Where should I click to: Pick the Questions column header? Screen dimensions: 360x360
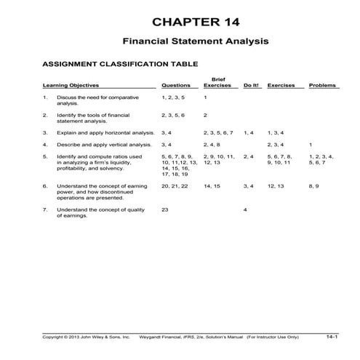pos(176,85)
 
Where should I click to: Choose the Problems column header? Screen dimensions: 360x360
pos(323,85)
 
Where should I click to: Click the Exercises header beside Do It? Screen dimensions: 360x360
pos(281,85)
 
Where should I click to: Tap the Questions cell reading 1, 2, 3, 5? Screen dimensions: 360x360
pos(173,97)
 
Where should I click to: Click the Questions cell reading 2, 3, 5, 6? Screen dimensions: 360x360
pos(173,115)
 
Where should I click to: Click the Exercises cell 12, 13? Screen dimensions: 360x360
pos(276,186)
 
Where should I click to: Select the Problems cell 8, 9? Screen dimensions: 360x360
pos(314,186)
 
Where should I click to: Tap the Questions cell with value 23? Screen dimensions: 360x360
pos(165,209)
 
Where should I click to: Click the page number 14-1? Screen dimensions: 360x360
pos(332,337)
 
